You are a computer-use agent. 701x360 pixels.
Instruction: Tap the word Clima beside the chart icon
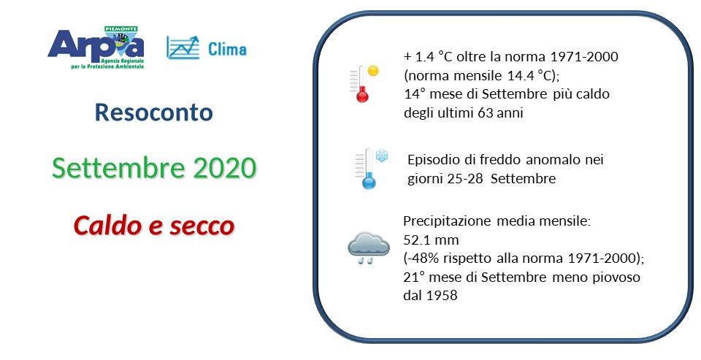(227, 50)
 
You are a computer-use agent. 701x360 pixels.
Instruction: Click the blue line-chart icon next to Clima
(183, 47)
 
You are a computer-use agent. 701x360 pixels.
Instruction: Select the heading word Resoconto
(154, 112)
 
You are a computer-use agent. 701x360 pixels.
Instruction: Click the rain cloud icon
(367, 247)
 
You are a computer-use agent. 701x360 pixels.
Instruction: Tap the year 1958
(443, 295)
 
